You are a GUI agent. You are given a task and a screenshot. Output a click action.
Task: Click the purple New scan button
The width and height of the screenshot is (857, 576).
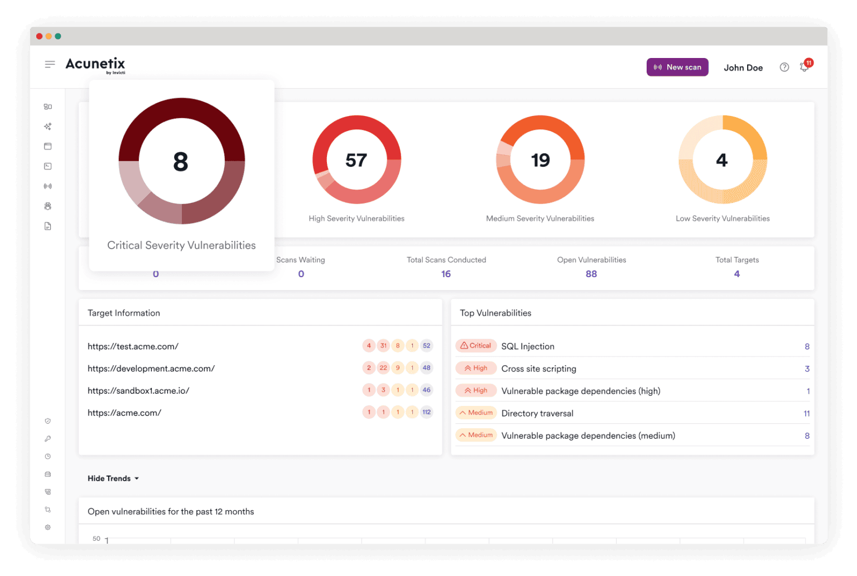[677, 67]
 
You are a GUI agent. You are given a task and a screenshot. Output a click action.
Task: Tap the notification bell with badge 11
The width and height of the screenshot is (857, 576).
[805, 66]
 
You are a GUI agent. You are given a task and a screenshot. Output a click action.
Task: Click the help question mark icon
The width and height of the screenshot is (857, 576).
[784, 67]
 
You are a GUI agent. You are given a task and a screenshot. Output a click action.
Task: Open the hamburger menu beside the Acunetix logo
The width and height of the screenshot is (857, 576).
[50, 64]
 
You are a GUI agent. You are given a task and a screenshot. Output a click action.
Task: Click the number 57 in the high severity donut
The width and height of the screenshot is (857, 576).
[356, 160]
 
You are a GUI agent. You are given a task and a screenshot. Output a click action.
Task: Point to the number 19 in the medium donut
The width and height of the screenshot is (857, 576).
[540, 160]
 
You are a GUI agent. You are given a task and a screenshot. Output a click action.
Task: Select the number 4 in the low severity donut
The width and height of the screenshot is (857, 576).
[721, 160]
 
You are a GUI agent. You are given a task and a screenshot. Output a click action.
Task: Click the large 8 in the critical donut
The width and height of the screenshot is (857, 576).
[181, 161]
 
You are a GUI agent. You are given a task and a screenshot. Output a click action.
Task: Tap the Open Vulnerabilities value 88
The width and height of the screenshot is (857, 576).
[591, 274]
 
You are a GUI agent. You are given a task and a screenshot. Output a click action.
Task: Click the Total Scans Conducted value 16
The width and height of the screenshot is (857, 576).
[446, 274]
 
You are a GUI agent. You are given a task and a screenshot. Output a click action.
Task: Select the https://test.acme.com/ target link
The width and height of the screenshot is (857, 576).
[133, 346]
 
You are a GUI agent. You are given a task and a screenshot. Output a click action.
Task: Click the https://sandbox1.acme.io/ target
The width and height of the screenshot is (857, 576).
[138, 390]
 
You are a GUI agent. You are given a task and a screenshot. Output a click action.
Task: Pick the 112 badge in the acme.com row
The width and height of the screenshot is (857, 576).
[426, 412]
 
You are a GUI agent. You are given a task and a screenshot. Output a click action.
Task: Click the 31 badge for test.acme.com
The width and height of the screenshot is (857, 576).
[383, 345]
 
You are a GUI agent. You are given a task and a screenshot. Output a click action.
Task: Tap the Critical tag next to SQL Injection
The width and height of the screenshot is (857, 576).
[475, 346]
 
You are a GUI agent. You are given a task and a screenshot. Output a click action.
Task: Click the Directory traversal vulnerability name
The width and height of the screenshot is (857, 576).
[537, 413]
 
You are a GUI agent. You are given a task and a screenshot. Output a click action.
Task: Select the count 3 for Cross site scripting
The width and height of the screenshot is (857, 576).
[807, 369]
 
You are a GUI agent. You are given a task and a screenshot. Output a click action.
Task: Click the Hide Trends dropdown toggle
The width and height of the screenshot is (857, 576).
[113, 478]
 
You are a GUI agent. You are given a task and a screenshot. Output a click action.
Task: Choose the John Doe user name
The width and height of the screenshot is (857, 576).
[743, 67]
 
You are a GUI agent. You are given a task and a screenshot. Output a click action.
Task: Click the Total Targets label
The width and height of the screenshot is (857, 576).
[737, 260]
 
